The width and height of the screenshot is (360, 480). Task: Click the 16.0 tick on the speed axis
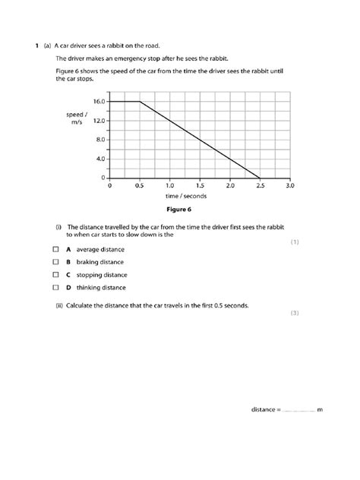[99, 102]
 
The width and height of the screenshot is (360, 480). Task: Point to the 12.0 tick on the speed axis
[99, 121]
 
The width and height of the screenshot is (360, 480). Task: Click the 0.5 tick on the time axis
[140, 185]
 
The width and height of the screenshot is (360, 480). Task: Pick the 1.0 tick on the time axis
[169, 185]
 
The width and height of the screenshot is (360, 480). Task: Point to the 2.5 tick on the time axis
[260, 185]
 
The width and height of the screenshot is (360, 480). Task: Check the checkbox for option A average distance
[55, 249]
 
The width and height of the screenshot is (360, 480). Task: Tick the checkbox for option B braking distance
[55, 262]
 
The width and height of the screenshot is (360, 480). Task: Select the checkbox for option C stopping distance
[55, 275]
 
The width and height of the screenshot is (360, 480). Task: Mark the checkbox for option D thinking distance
[55, 288]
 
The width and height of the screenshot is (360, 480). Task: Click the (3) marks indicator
[295, 312]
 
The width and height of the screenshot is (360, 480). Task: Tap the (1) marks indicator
[295, 242]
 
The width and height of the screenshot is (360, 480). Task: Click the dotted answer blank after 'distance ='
[298, 410]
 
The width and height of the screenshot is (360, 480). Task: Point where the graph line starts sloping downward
[140, 101]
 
